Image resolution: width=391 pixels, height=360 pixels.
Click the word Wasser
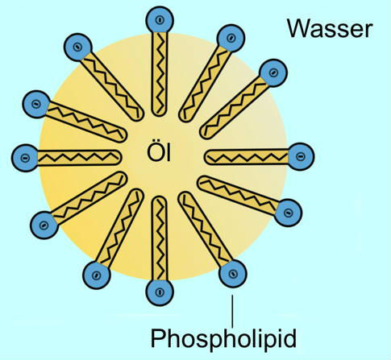pos(330,28)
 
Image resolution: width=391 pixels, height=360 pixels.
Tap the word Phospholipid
pos(223,338)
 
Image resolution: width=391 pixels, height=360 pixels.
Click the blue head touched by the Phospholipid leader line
pos(233,274)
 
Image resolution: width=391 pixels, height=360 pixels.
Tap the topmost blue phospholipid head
pos(160,20)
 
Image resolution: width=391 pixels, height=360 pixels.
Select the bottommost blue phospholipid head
pos(160,292)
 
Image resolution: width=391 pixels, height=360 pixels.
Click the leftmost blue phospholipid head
pos(25,158)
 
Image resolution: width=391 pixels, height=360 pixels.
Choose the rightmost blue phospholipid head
pos(300,156)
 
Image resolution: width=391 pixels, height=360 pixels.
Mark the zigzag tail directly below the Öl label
pos(160,238)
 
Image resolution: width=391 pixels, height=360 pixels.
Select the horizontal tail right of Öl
pos(247,156)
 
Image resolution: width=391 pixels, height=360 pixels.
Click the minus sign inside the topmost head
pos(160,20)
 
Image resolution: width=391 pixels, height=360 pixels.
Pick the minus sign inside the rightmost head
pos(300,156)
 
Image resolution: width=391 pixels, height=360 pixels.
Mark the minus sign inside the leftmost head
pos(25,158)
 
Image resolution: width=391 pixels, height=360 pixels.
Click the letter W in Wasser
pos(299,29)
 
